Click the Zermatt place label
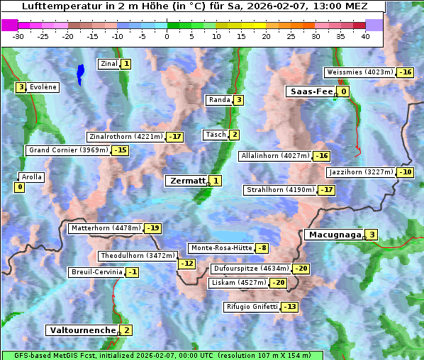[186, 181]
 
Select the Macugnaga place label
[333, 235]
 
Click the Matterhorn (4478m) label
[105, 228]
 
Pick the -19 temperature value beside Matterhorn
[152, 228]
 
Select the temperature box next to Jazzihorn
[406, 172]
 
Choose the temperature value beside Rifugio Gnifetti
[289, 307]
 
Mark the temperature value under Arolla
[19, 187]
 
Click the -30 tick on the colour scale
[18, 36]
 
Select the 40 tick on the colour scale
[365, 36]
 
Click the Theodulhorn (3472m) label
[136, 255]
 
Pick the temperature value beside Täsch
[234, 135]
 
